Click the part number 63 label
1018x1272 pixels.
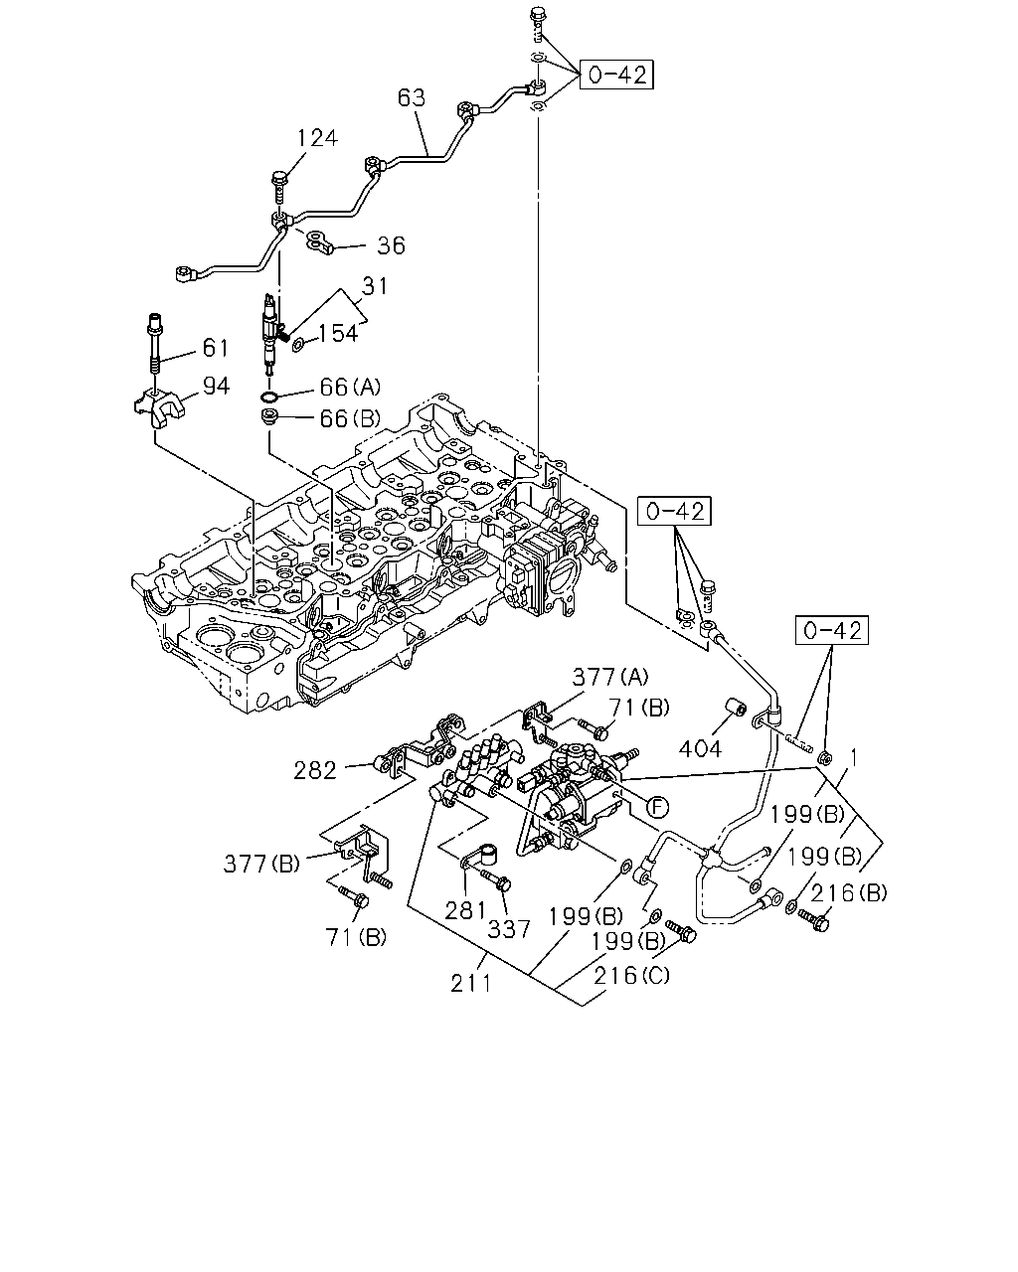coord(412,97)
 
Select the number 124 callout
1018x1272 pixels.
coord(317,138)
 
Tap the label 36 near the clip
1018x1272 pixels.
coord(391,245)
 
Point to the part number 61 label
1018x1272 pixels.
coord(215,348)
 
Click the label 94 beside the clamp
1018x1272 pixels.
coord(216,386)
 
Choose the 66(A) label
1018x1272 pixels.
coord(350,388)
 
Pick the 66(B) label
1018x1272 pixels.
coord(350,418)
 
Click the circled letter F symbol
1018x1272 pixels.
coord(656,807)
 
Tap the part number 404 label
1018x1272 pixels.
coord(700,749)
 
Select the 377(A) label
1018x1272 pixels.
coord(609,677)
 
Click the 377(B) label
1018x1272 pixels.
coord(261,864)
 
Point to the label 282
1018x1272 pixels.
coord(315,770)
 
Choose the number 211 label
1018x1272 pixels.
coord(471,983)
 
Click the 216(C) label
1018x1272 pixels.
coord(631,975)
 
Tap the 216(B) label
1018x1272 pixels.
coord(848,892)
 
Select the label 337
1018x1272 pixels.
coord(508,929)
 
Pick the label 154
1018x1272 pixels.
coord(338,333)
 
